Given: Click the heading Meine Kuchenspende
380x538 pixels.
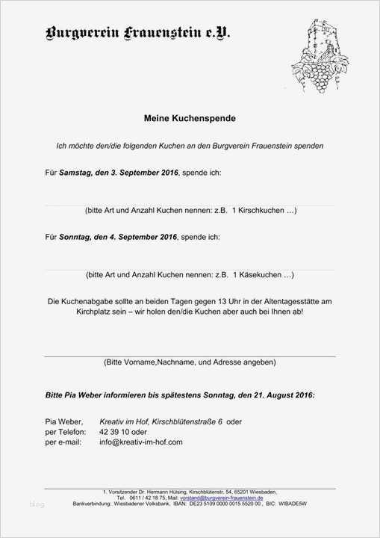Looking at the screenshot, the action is (x=190, y=118).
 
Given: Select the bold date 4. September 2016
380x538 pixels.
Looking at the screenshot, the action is (x=143, y=237).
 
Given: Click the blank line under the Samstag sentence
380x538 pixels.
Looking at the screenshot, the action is (x=190, y=204).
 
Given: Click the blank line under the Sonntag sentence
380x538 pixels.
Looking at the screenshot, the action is (x=190, y=269).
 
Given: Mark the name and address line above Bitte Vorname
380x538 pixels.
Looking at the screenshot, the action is (x=190, y=356).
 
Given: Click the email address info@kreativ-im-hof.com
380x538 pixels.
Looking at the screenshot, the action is (x=141, y=442).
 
